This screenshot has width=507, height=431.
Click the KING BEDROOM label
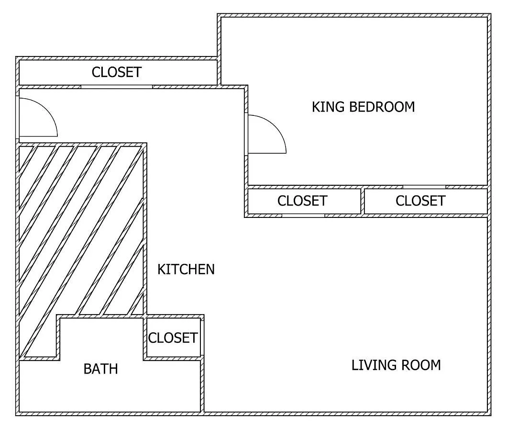[363, 107]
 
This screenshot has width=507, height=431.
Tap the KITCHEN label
[186, 270]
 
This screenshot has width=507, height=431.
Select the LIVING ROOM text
[396, 365]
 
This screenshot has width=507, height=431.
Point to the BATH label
[100, 369]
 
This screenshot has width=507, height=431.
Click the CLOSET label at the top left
[117, 72]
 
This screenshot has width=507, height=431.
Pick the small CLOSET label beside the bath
[173, 338]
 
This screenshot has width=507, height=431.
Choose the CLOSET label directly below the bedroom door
[302, 201]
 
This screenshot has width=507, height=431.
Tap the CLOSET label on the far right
[421, 201]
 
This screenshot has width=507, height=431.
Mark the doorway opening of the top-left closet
[116, 87]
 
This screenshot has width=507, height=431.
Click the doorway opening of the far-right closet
[424, 187]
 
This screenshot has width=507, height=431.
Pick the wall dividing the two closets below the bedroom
[363, 201]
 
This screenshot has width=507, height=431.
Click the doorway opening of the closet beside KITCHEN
[303, 215]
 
